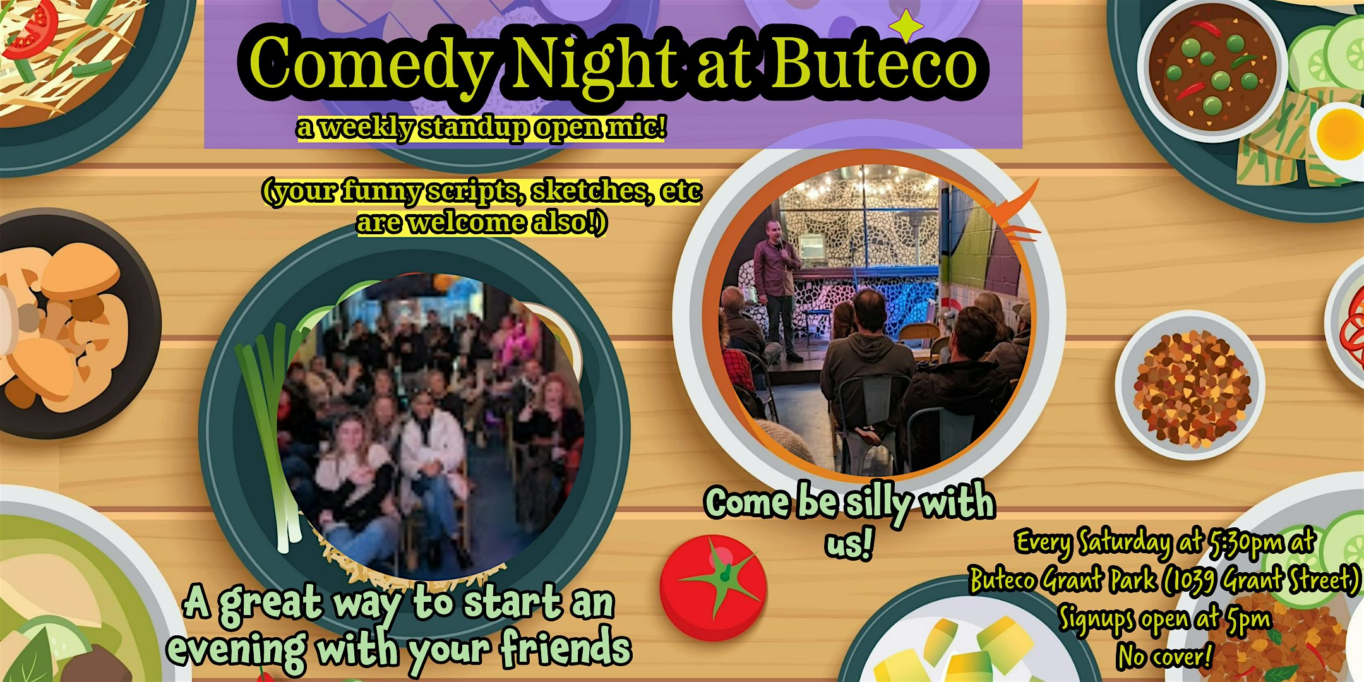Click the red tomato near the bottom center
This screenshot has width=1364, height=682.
714,588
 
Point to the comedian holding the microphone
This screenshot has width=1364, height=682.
779,290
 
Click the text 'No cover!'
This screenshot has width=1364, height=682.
1164,656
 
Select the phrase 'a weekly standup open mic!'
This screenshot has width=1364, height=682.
481,128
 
